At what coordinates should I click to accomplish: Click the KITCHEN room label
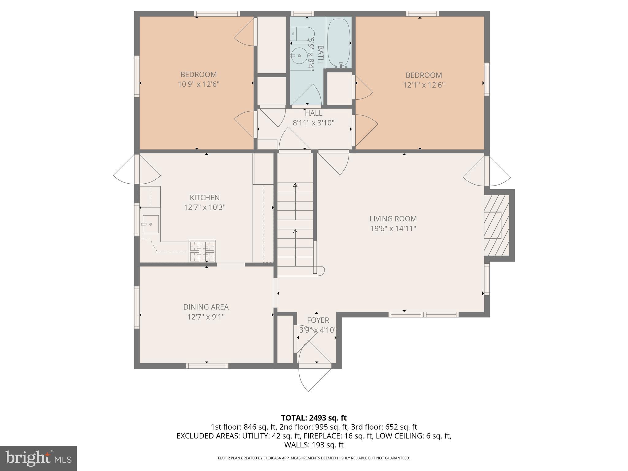coord(205,197)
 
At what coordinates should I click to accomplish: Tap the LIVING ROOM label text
coord(393,219)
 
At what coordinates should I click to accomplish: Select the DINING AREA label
coord(206,307)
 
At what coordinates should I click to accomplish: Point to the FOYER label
coord(318,320)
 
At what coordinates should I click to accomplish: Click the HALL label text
coord(313,113)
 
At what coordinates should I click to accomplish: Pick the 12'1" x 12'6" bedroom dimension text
coord(424,85)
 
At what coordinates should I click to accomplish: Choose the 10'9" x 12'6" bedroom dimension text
coord(198,84)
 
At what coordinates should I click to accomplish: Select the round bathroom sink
coord(299,56)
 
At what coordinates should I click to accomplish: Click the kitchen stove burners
coord(202,251)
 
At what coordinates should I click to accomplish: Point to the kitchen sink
coord(150,224)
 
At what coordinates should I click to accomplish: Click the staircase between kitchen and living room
coord(295,227)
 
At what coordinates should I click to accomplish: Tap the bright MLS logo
coord(38,458)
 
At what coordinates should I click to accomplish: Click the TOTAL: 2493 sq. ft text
coord(314,418)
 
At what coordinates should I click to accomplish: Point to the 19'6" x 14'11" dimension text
coord(393,228)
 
